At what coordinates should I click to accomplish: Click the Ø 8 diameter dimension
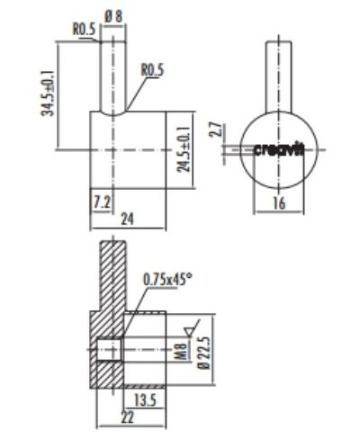pyautogui.click(x=113, y=15)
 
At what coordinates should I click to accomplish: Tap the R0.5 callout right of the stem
pyautogui.click(x=152, y=69)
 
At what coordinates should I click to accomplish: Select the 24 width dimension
pyautogui.click(x=128, y=219)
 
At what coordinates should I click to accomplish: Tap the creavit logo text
pyautogui.click(x=279, y=149)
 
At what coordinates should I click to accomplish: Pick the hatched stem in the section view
pyautogui.click(x=111, y=270)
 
